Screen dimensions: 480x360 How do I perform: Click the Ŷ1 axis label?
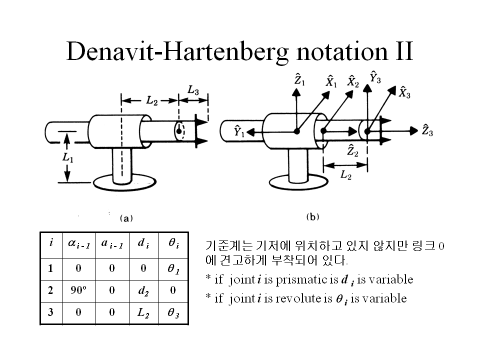(239, 131)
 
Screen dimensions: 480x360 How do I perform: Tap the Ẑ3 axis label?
(427, 131)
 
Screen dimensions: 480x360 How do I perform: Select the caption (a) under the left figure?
(125, 217)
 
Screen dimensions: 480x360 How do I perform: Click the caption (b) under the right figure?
(312, 216)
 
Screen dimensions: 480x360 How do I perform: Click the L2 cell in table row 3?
(143, 313)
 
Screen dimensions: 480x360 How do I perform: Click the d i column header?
(143, 243)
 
